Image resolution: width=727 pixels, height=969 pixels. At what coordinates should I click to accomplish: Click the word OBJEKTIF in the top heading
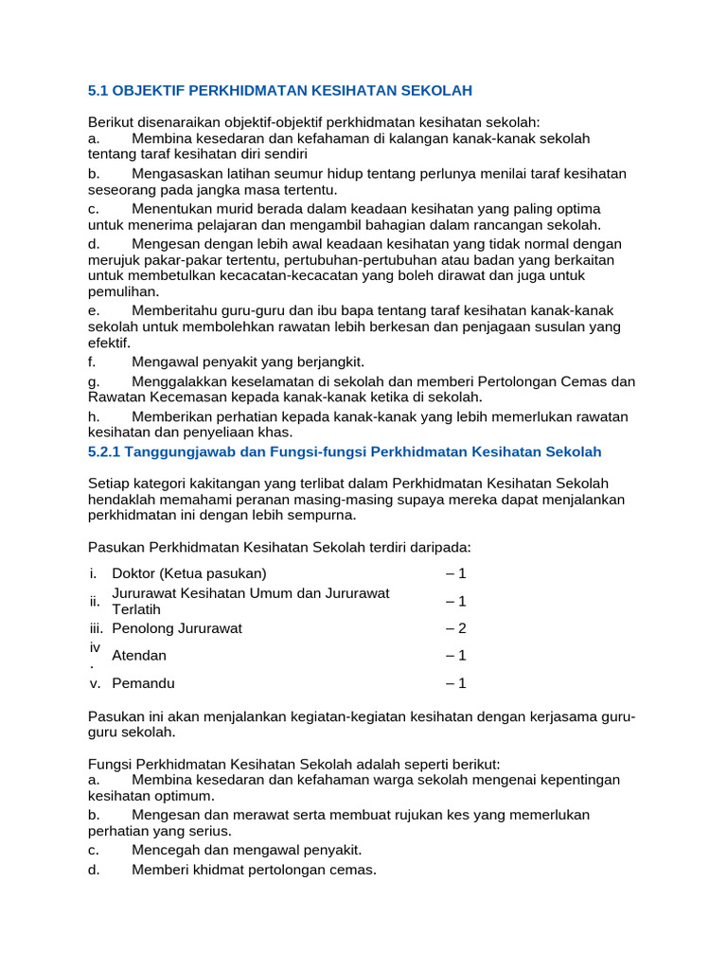(149, 90)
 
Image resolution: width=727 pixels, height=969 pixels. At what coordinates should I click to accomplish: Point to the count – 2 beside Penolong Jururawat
(456, 628)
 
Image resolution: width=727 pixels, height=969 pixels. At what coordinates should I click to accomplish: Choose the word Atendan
(139, 656)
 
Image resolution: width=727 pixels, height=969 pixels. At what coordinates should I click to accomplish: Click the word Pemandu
(143, 683)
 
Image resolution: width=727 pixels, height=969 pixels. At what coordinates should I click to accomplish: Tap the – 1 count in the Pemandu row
(456, 683)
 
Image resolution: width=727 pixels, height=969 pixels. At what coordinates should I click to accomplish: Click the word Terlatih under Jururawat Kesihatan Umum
(136, 608)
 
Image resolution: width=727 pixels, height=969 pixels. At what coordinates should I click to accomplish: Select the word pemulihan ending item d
(123, 291)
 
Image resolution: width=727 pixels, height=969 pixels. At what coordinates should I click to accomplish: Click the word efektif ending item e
(108, 343)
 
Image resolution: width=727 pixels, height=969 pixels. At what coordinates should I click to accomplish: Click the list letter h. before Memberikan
(93, 416)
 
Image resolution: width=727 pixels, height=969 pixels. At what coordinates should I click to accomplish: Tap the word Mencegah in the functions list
(166, 850)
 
